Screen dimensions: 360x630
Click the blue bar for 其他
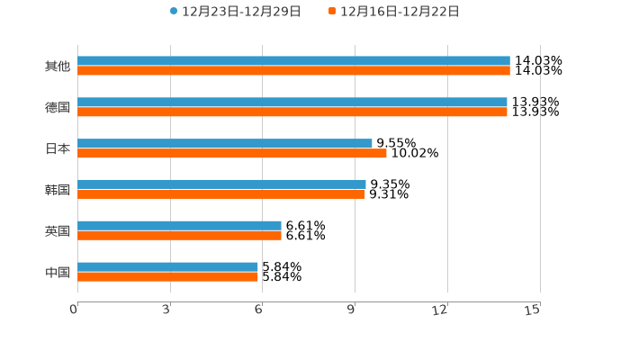(x=293, y=61)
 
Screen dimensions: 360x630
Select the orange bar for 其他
(x=293, y=71)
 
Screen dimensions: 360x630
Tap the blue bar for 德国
(x=292, y=103)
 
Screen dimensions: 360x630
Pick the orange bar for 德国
(x=292, y=112)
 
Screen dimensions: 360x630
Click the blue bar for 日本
(x=225, y=144)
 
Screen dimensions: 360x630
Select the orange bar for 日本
(x=232, y=154)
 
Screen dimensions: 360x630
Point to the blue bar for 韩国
(x=221, y=184)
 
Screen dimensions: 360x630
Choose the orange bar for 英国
(x=180, y=236)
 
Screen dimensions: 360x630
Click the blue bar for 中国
(x=168, y=267)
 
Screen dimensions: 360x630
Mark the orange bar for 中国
(x=168, y=277)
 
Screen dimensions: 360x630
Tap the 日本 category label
(x=58, y=148)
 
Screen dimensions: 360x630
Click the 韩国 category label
(x=58, y=190)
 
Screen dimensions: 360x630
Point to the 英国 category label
(x=58, y=231)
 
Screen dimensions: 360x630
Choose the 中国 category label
(x=58, y=272)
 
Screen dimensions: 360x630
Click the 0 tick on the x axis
(x=75, y=310)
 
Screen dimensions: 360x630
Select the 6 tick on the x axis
(x=259, y=310)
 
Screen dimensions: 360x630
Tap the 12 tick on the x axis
(x=440, y=310)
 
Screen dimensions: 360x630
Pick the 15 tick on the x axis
(x=533, y=310)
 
